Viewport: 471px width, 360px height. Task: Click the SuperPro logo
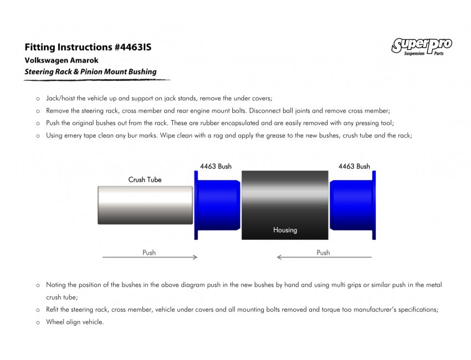tap(422, 46)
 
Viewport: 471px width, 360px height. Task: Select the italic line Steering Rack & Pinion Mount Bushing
tap(90, 71)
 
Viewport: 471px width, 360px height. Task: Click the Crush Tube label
tap(145, 179)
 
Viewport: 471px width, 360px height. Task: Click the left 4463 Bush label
tap(216, 166)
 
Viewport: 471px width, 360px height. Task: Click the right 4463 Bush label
tap(354, 166)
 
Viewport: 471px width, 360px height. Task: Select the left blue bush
tap(217, 205)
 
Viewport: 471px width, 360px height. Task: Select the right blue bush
tap(353, 205)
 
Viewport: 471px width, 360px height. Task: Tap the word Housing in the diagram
tap(285, 230)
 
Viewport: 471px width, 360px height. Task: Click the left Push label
tap(149, 253)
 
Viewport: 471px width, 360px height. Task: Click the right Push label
tap(323, 253)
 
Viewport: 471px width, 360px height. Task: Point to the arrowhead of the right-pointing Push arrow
tap(195, 257)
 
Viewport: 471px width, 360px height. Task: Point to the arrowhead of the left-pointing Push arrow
tap(280, 257)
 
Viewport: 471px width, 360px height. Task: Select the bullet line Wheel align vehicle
tap(75, 322)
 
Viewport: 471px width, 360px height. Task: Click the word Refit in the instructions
tap(53, 310)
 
